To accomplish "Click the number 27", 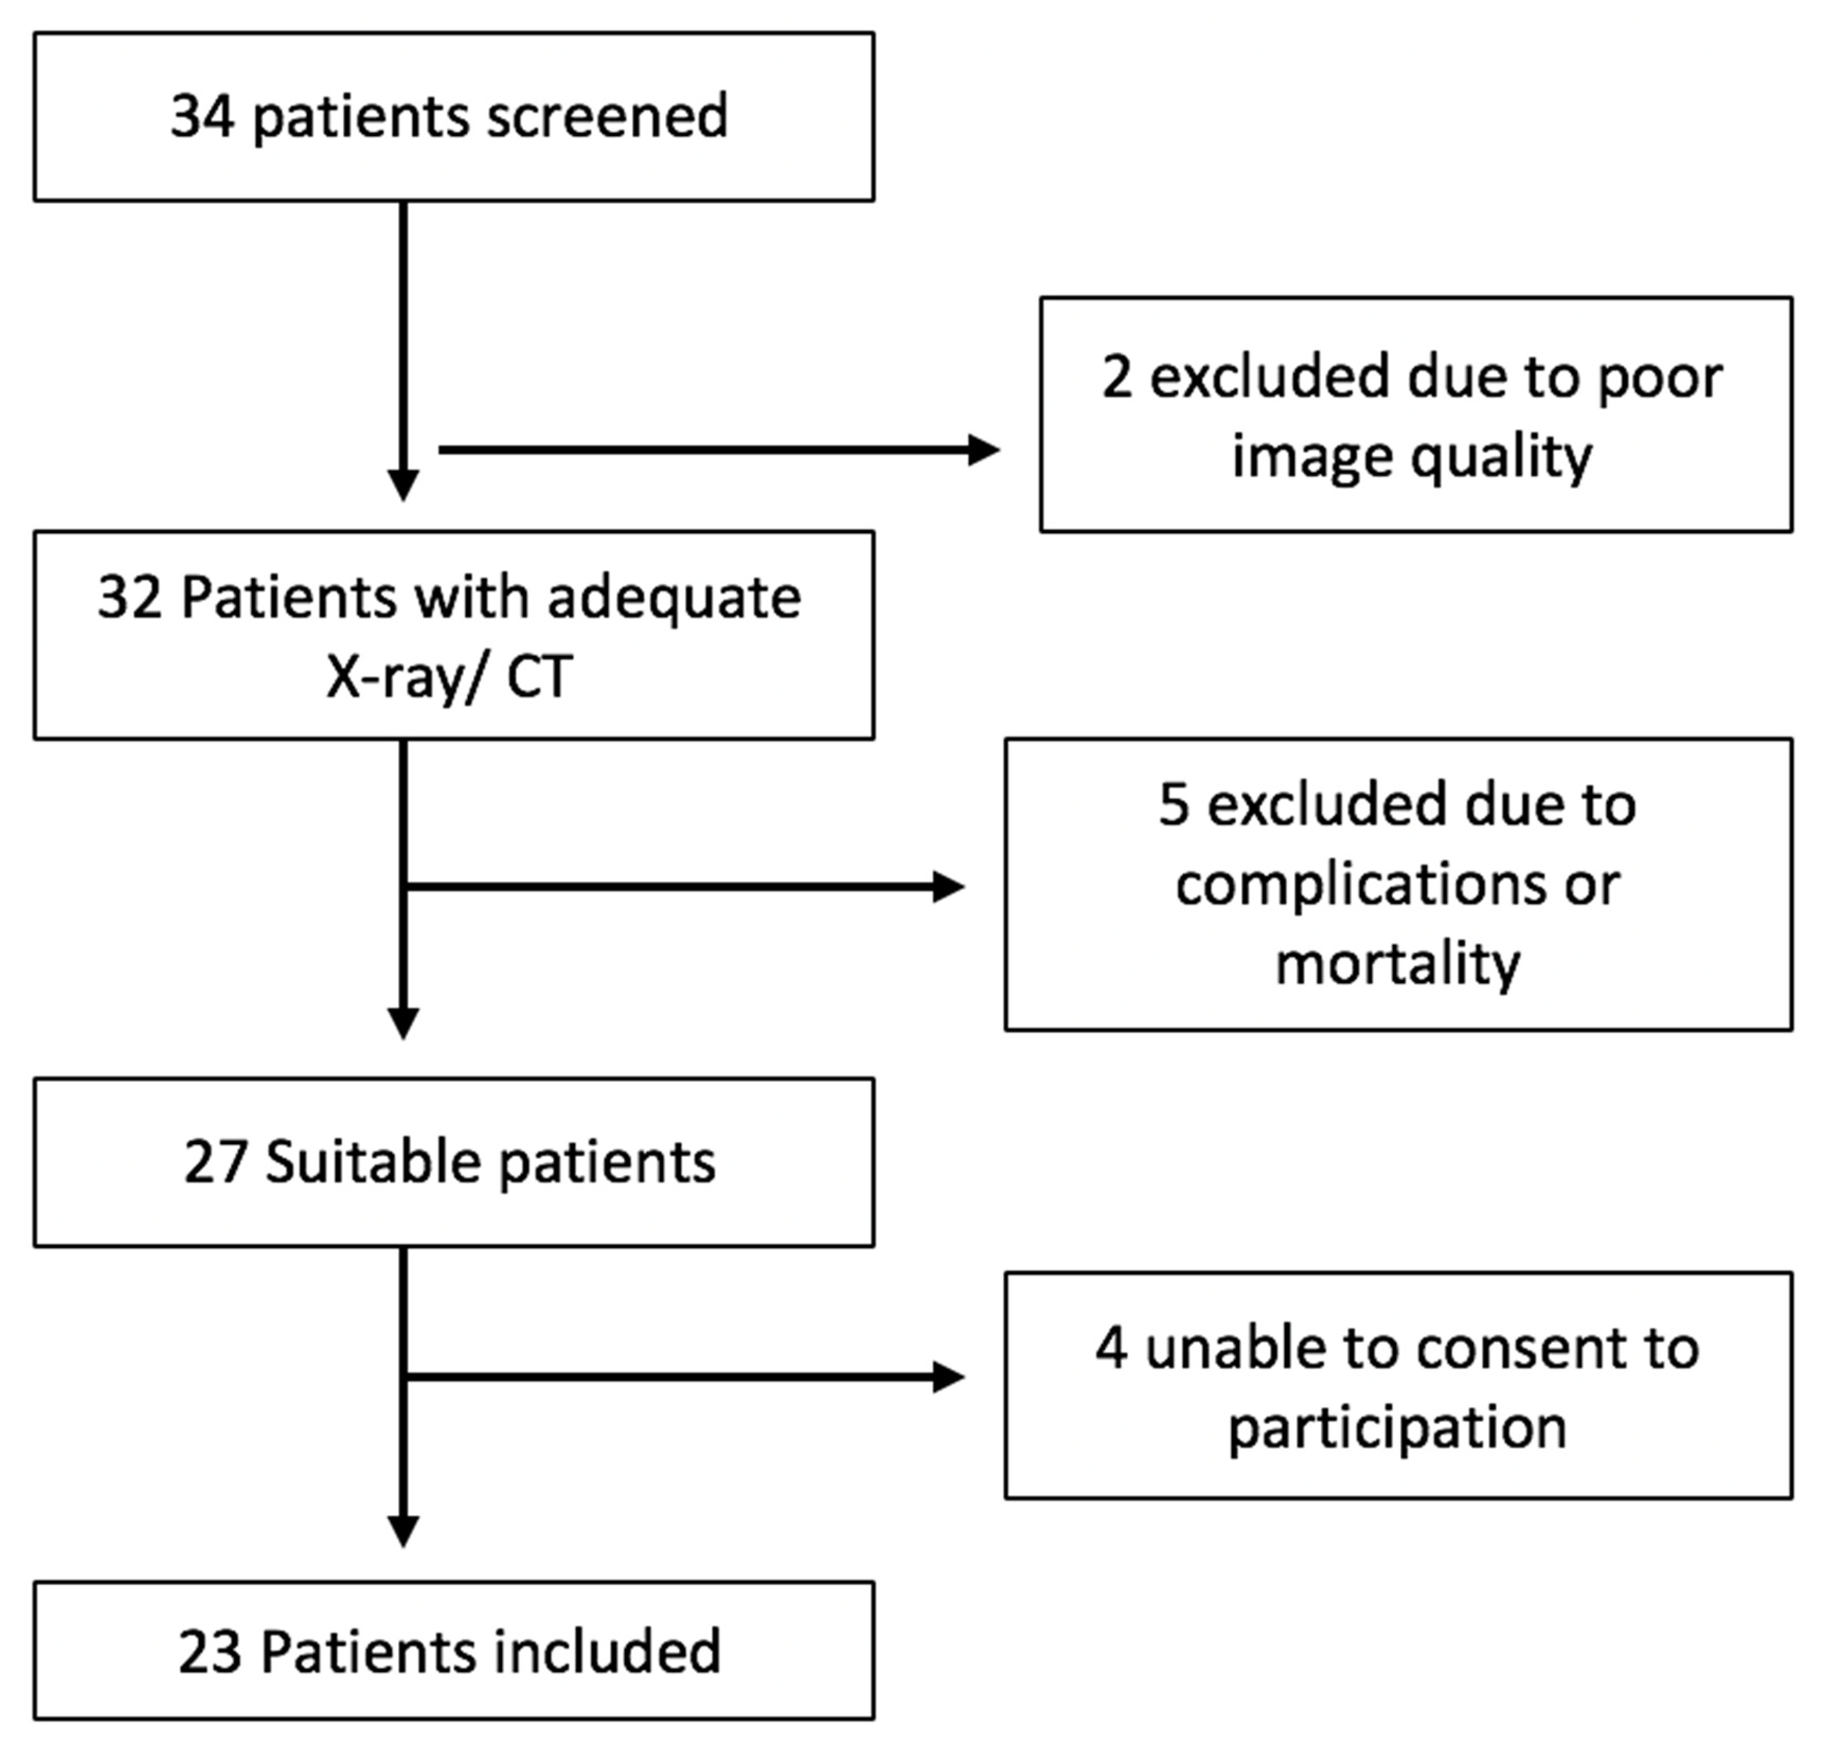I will click(x=215, y=1163).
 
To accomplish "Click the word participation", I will click(x=1398, y=1428).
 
